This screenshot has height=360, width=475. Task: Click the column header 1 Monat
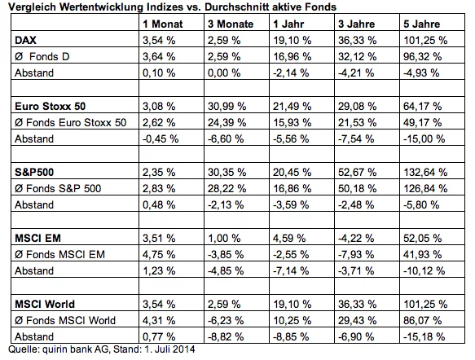[x=163, y=24]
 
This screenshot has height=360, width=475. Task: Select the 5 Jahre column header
[x=422, y=24]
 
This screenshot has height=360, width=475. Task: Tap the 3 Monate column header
[x=231, y=24]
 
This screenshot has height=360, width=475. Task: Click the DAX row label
[x=25, y=40]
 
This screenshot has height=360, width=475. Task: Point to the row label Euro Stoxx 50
[x=50, y=106]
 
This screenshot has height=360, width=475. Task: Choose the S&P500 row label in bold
[x=34, y=173]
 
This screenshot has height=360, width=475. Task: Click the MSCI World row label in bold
[x=45, y=304]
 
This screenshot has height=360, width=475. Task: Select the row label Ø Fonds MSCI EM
[x=59, y=255]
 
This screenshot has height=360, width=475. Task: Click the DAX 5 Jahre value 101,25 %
[x=425, y=40]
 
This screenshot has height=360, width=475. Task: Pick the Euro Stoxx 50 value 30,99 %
[x=227, y=106]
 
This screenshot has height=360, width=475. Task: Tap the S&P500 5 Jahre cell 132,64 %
[x=425, y=173]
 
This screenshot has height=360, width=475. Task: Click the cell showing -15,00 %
[x=424, y=139]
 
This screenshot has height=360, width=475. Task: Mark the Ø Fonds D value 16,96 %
[x=292, y=57]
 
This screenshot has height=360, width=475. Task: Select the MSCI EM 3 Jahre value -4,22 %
[x=356, y=239]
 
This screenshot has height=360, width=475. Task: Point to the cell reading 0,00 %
[x=224, y=73]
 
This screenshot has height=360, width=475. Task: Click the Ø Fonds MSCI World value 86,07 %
[x=422, y=321]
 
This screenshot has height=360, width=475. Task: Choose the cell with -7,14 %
[x=291, y=271]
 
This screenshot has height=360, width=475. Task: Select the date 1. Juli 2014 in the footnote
[x=169, y=349]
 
